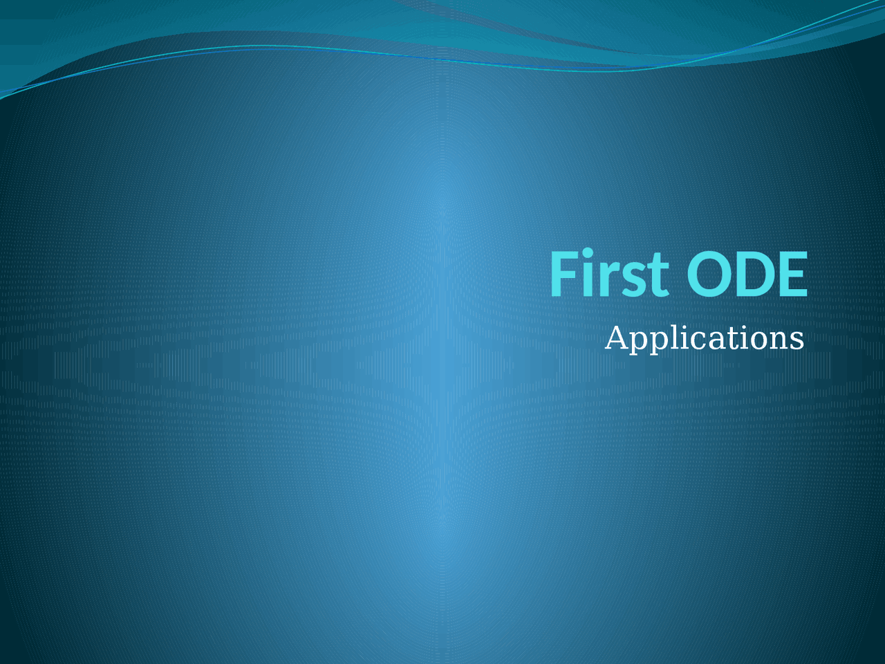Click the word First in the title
608,274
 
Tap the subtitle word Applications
704,338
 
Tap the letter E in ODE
793,274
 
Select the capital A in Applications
617,338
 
